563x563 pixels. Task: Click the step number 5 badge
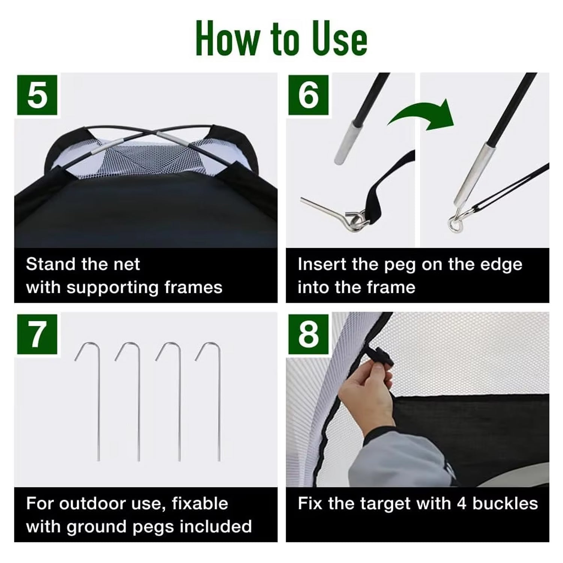pyautogui.click(x=37, y=95)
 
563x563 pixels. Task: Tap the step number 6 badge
pyautogui.click(x=308, y=95)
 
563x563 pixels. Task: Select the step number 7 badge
pyautogui.click(x=37, y=334)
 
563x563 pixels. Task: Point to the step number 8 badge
pyautogui.click(x=308, y=334)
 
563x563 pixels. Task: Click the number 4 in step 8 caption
pyautogui.click(x=462, y=504)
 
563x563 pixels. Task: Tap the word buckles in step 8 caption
pyautogui.click(x=505, y=504)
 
